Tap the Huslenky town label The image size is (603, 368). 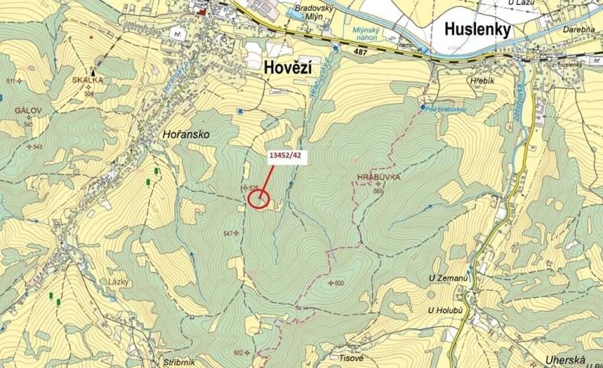(477, 30)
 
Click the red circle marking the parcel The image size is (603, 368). (258, 198)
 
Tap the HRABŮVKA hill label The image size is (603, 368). (377, 179)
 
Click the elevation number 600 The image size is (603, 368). (338, 283)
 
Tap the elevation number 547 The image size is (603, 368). (228, 234)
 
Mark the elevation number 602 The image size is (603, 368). (239, 352)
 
